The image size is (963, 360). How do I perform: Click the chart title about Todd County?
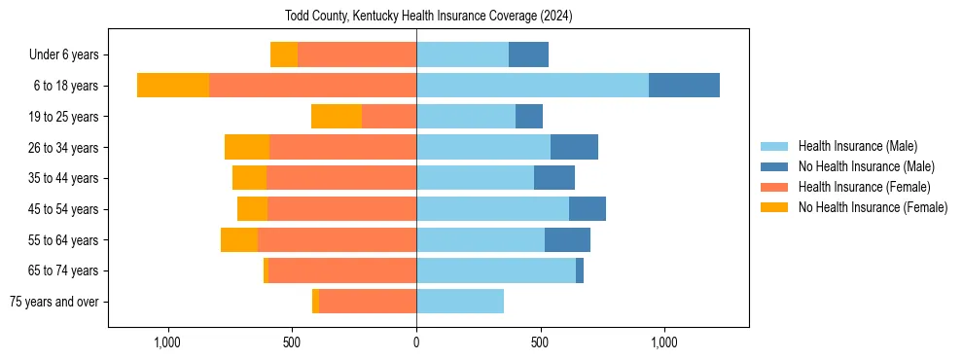pyautogui.click(x=428, y=17)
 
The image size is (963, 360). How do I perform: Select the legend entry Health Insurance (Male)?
pyautogui.click(x=857, y=146)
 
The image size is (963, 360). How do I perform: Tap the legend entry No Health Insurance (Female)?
pyautogui.click(x=873, y=207)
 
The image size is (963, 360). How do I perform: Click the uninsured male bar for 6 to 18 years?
pyautogui.click(x=684, y=86)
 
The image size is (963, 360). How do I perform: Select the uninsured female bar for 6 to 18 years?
pyautogui.click(x=173, y=86)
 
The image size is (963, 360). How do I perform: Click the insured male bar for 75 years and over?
pyautogui.click(x=460, y=302)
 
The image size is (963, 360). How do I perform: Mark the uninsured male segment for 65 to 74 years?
pyautogui.click(x=580, y=270)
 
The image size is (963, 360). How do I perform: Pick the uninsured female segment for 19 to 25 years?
pyautogui.click(x=337, y=117)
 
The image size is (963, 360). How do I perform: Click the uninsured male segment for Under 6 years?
pyautogui.click(x=528, y=55)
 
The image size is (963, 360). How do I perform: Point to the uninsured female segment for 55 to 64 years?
pyautogui.click(x=239, y=239)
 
